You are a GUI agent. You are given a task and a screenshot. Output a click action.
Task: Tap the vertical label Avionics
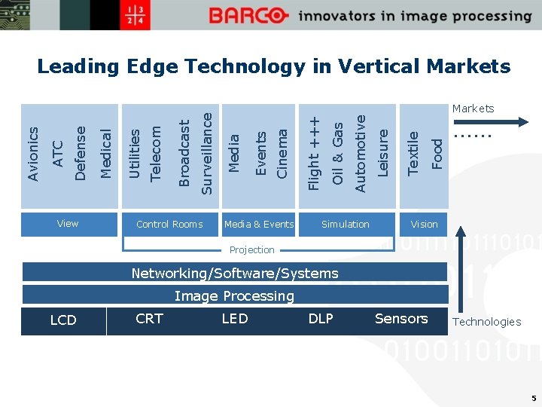click(x=32, y=154)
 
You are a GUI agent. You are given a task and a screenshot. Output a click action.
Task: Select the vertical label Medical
click(x=106, y=154)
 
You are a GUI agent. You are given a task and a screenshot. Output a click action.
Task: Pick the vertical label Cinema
click(x=282, y=154)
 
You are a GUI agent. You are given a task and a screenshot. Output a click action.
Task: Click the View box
click(x=68, y=224)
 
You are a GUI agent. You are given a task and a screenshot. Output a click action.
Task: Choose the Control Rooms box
click(x=169, y=224)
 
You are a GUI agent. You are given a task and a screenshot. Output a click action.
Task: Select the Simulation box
click(x=346, y=224)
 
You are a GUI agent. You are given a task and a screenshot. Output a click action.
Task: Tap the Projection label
click(x=252, y=249)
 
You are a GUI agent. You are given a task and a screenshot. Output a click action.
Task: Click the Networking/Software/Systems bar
click(x=235, y=273)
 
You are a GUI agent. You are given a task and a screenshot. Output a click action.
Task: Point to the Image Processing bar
click(x=235, y=295)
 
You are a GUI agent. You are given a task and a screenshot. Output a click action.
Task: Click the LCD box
click(x=63, y=320)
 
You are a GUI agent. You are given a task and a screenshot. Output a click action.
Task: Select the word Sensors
click(x=401, y=319)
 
